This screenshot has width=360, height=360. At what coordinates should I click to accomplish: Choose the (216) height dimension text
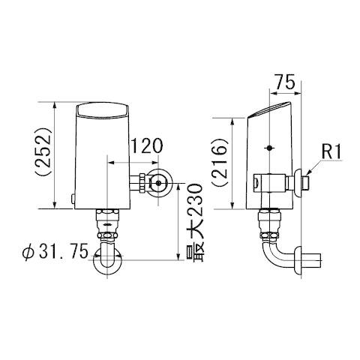[x=223, y=163]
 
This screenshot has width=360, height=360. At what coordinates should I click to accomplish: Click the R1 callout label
[x=331, y=151]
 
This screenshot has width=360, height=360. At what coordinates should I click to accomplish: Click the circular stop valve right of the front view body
[x=159, y=182]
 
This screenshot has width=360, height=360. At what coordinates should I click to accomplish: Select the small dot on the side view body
[x=268, y=148]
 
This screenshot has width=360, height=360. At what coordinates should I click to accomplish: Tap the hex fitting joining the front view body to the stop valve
[x=138, y=182]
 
